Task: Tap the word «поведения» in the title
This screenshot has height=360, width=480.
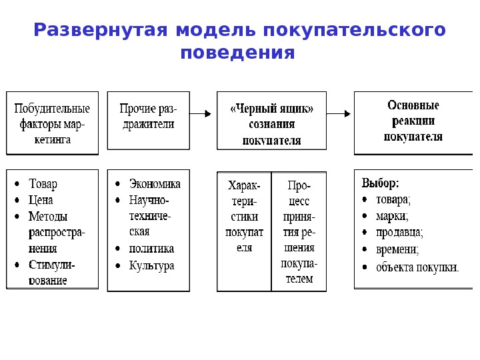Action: [x=237, y=53]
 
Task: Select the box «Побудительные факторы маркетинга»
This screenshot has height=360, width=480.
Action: [x=52, y=123]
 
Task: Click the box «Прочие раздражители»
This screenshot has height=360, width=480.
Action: [x=148, y=123]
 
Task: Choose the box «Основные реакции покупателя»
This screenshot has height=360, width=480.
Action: [x=413, y=123]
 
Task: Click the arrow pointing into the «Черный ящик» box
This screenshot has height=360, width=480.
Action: [x=203, y=113]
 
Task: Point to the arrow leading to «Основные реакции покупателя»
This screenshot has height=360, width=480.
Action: [x=339, y=113]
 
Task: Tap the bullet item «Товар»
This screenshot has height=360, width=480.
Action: [x=43, y=183]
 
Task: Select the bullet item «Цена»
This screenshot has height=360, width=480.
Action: [x=41, y=199]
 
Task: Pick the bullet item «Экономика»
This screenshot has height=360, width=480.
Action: [x=154, y=183]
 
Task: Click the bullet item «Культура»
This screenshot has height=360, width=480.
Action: [x=151, y=265]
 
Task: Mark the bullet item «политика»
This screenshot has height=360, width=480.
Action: [x=151, y=249]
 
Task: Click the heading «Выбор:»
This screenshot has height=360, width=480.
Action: [x=381, y=182]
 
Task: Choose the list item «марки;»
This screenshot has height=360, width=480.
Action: [x=392, y=216]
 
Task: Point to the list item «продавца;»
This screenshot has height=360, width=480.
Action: [x=399, y=233]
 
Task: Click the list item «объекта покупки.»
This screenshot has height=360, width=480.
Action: [x=417, y=268]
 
